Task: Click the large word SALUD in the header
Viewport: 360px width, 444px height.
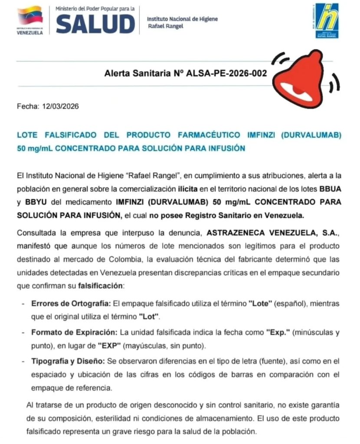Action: tap(95, 23)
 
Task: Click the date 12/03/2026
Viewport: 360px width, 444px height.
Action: tap(60, 106)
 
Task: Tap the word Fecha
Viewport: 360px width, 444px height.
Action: tap(28, 106)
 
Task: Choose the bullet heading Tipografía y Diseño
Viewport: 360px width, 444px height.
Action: tap(68, 361)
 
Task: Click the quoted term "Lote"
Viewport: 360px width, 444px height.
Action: tap(260, 303)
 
